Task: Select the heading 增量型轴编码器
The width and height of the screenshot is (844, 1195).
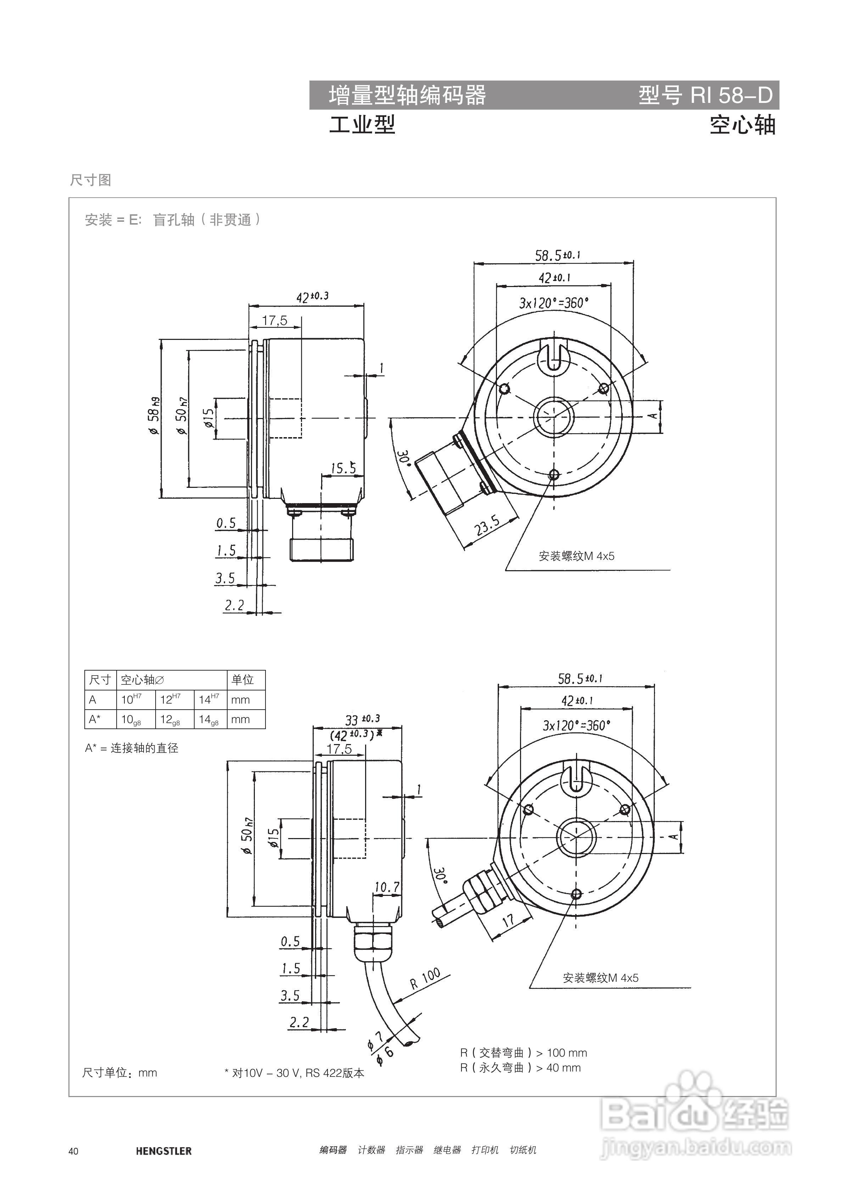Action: pos(407,95)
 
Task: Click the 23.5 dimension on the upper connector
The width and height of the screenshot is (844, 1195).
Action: pos(487,526)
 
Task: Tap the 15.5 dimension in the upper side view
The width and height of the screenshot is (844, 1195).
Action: pos(343,468)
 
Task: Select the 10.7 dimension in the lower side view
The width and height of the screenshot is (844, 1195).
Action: pos(387,887)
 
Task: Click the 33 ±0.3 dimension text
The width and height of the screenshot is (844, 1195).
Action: pos(363,719)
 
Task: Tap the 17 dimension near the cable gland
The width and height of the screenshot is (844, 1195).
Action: pos(508,919)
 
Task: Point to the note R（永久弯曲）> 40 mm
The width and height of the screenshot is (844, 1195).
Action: pos(520,1068)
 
